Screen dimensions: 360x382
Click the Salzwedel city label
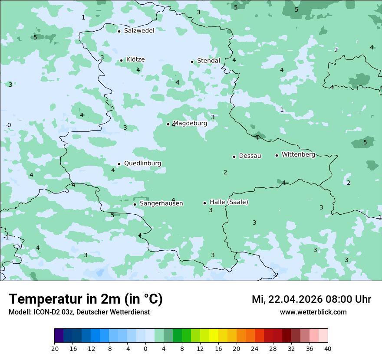coord(139,31)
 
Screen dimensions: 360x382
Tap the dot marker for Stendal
coord(192,62)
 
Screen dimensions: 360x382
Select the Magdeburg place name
coord(190,123)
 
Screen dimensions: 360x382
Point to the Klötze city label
coord(135,60)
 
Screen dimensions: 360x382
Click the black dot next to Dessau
coord(234,157)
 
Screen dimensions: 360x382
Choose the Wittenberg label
coord(298,155)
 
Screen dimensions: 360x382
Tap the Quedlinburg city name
coord(142,164)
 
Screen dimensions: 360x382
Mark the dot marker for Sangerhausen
coord(135,204)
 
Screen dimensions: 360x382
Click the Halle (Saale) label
coord(229,202)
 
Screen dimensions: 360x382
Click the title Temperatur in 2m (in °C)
coord(86,299)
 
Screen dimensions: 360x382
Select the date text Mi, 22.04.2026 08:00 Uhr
coord(311,300)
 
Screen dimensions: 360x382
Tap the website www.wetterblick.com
coord(313,312)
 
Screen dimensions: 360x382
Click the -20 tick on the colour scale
coord(54,349)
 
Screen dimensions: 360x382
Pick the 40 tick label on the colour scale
coord(328,349)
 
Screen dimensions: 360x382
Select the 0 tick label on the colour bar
coord(145,349)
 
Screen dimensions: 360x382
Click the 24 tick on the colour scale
coord(255,349)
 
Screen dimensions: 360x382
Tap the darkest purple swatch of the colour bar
coord(59,336)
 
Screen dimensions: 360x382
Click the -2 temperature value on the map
coord(276,275)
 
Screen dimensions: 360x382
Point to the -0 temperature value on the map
coord(8,125)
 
